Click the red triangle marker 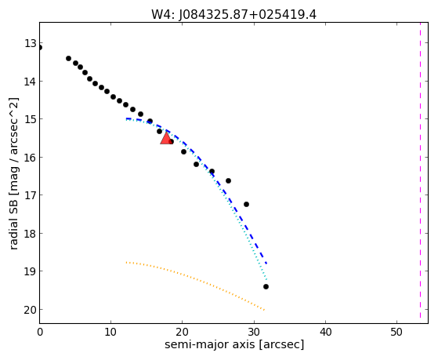tap(166, 138)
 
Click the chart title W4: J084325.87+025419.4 tap(233, 15)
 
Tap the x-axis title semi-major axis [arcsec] tap(234, 344)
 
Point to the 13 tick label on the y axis tap(31, 43)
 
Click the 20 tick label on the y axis tap(31, 310)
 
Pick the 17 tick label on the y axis tap(31, 195)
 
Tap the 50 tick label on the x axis tap(396, 332)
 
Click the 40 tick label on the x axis tap(325, 332)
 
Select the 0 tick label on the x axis tap(40, 332)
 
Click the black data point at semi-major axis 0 tap(40, 48)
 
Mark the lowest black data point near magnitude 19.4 tap(266, 287)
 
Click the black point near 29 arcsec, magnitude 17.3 tap(246, 205)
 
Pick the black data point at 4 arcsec tap(68, 59)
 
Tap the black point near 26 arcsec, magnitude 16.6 tap(228, 181)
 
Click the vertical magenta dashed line tap(420, 170)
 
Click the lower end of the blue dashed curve tap(266, 264)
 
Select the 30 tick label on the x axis tap(254, 332)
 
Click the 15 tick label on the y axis tap(31, 119)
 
